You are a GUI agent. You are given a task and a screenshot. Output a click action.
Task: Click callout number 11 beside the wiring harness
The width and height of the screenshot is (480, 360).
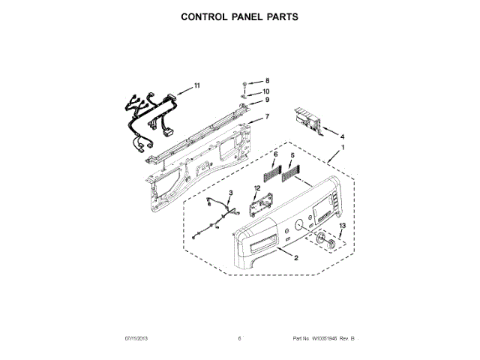(196, 85)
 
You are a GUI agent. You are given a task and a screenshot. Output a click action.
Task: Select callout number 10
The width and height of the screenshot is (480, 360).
(266, 91)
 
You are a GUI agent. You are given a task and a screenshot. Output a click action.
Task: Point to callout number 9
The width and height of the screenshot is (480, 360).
(265, 100)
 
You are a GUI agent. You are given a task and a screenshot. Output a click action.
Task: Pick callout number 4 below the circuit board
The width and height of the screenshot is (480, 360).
(343, 137)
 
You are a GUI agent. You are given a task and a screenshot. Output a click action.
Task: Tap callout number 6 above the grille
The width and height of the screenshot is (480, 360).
(275, 154)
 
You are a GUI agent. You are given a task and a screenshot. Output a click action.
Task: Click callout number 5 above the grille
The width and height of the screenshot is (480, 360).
(291, 154)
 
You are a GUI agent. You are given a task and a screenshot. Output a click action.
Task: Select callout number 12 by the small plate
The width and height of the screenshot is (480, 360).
(256, 188)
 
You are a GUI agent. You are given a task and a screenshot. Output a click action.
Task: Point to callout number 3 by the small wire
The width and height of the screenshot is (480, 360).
(231, 193)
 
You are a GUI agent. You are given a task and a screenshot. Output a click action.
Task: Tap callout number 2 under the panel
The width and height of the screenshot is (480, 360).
(295, 259)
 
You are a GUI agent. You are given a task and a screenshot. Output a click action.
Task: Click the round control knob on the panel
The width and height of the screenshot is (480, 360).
(325, 240)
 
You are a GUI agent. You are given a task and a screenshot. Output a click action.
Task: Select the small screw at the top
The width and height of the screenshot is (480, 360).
(246, 81)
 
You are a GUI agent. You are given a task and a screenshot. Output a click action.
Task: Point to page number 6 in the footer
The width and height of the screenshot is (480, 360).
(239, 340)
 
